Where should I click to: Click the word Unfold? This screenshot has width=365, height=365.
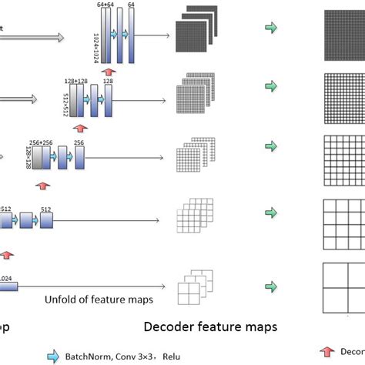pyautogui.click(x=59, y=300)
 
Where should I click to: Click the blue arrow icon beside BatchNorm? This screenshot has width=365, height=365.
pyautogui.click(x=52, y=356)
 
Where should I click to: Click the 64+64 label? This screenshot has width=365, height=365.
pyautogui.click(x=105, y=5)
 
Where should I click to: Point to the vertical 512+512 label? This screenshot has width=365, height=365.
pyautogui.click(x=64, y=101)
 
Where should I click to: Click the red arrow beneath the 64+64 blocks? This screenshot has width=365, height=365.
pyautogui.click(x=117, y=72)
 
